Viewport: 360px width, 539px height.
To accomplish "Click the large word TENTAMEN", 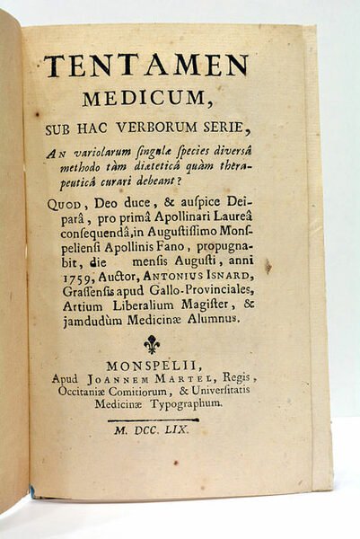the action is click(x=146, y=66).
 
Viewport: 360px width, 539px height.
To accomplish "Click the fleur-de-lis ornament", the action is click(x=153, y=344).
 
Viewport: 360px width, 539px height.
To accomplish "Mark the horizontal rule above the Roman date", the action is click(x=153, y=420).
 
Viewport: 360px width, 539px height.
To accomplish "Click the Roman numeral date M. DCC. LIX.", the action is click(x=154, y=432).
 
